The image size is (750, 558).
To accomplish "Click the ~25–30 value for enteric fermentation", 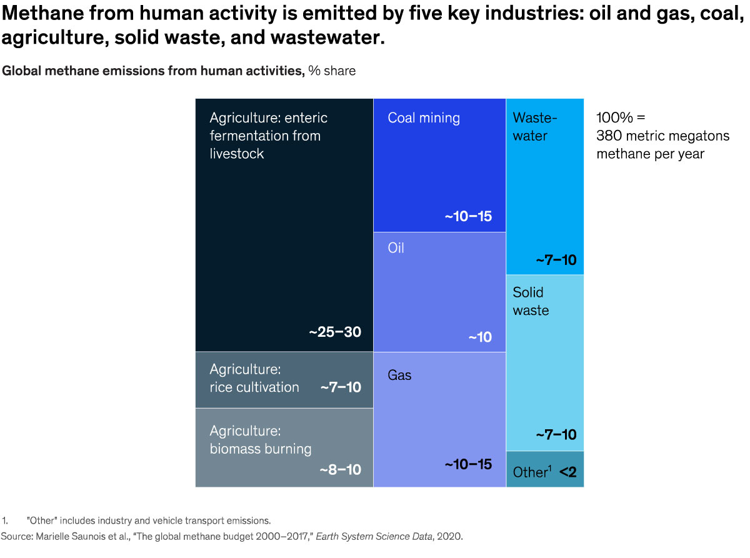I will (335, 332).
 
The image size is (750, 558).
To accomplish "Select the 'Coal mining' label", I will (423, 118).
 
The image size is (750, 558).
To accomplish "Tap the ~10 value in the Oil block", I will (480, 337).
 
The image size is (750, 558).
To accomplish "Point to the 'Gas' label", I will (399, 376).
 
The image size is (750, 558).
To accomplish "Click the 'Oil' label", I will (396, 248).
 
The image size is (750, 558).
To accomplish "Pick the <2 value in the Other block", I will (567, 472).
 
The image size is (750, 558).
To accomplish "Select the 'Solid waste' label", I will (531, 301).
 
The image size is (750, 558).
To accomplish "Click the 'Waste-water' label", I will (534, 127).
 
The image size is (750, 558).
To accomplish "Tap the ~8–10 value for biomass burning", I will (340, 469).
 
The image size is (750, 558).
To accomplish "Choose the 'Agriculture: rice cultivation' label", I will (254, 378).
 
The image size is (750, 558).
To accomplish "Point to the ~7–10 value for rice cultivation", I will (341, 387).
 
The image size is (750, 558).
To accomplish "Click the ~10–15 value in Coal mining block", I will (468, 217).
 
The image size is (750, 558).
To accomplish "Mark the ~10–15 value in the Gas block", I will (468, 464).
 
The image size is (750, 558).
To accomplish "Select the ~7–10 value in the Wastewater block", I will (556, 260).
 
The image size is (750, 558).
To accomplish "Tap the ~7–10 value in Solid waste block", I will (556, 434).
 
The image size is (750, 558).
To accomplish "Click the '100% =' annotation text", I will (619, 118).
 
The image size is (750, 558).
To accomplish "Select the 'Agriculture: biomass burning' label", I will (260, 440).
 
